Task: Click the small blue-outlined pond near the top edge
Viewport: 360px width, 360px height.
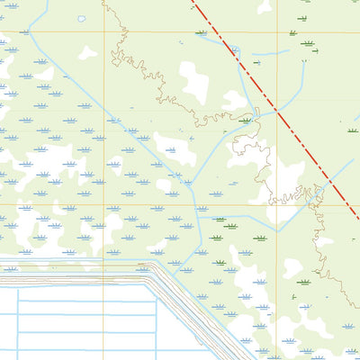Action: (82, 18)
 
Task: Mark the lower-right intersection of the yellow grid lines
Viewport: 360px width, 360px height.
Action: (278, 203)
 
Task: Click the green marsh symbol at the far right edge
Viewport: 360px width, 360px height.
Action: (352, 130)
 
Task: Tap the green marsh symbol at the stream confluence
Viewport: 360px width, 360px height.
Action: (246, 120)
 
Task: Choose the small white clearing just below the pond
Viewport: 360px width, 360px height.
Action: (87, 52)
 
